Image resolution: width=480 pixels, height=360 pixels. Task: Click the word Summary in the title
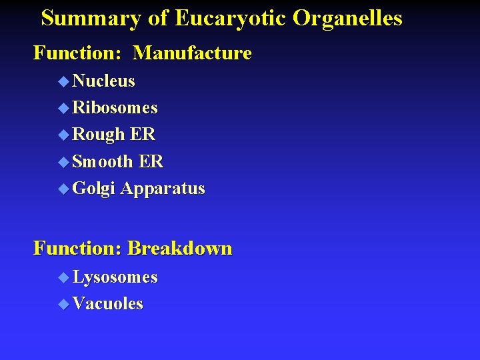(91, 18)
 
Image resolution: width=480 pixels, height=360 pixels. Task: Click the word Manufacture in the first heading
(192, 53)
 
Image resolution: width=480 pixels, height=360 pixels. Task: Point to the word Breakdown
(179, 249)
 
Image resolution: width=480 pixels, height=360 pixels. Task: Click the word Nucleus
(103, 81)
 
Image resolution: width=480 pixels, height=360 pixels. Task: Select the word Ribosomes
(115, 108)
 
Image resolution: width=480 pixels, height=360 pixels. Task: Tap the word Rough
(99, 135)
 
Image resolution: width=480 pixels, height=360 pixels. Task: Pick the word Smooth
(103, 161)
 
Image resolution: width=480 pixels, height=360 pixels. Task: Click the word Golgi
(94, 189)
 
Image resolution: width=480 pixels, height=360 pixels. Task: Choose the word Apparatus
(163, 189)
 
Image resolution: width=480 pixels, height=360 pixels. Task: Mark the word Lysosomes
(115, 277)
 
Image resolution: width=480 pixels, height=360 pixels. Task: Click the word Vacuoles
(107, 304)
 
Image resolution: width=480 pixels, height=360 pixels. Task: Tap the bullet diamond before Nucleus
(63, 82)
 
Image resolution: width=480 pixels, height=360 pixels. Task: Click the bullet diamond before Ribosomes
(63, 109)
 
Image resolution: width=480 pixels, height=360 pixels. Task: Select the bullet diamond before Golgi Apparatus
(63, 189)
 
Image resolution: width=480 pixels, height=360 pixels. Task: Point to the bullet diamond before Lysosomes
(63, 277)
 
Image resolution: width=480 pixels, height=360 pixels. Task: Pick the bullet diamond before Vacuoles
(63, 305)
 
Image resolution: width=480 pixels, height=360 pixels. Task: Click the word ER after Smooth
(151, 161)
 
